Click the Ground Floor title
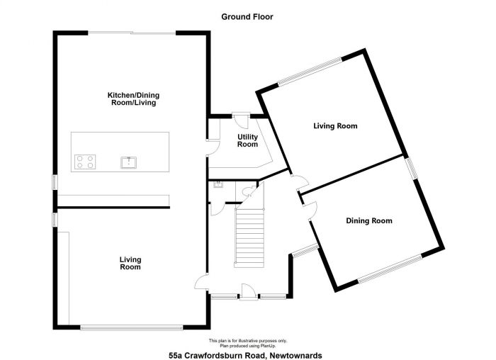[247, 16]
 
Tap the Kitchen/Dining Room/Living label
[132, 99]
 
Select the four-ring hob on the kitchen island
[86, 162]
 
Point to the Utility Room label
[247, 140]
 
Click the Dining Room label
[368, 221]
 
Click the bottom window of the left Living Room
[131, 327]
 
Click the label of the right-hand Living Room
[335, 126]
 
